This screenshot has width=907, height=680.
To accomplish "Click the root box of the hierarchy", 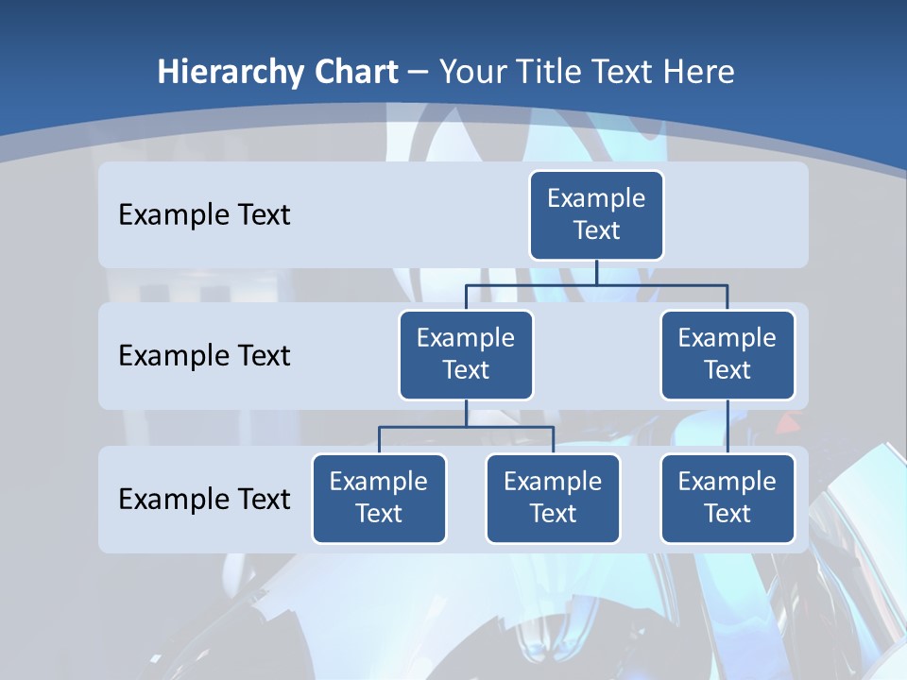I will [596, 214].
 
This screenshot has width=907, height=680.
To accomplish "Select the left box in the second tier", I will [466, 354].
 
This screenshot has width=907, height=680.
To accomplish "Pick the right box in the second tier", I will [727, 354].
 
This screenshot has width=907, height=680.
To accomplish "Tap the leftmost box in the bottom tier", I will [379, 498].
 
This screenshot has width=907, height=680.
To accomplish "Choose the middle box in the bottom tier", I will [553, 498].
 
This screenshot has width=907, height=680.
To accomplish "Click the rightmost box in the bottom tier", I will [727, 498].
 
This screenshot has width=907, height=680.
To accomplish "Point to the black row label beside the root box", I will [204, 214].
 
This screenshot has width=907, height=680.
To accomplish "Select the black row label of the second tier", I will [204, 355].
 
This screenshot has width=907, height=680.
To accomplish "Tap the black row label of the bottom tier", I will [204, 499].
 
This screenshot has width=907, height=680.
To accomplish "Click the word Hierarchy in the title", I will [231, 73].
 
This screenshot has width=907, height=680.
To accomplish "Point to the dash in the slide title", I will [419, 73].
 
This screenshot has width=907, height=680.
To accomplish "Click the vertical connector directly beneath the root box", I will [596, 272].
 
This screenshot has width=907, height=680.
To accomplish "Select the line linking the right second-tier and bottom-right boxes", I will [727, 427].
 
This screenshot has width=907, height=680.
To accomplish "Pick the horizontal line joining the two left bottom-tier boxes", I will [466, 427].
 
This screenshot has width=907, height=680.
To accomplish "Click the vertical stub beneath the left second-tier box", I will [466, 413].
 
